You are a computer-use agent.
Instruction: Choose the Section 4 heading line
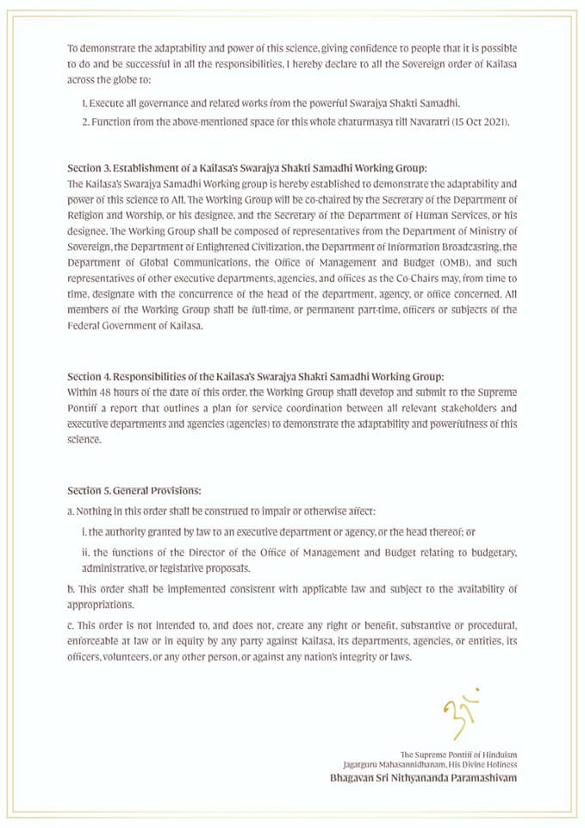(255, 377)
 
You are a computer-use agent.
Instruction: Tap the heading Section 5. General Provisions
(134, 490)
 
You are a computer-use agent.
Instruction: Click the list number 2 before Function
(84, 122)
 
